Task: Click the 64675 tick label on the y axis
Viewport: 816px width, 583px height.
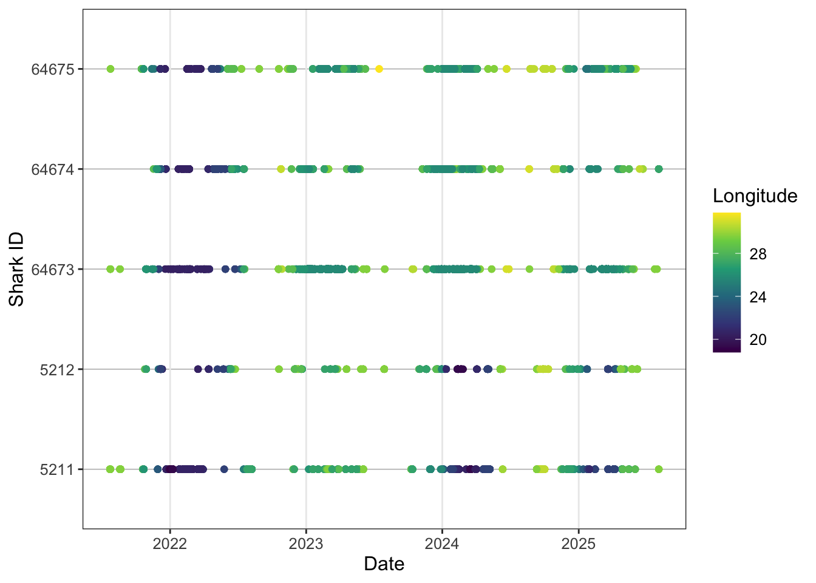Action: click(52, 69)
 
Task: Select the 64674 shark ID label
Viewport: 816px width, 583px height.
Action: click(52, 169)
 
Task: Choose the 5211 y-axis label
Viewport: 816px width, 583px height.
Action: click(56, 470)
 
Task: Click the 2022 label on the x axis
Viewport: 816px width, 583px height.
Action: click(170, 544)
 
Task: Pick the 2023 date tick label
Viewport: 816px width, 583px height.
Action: click(306, 544)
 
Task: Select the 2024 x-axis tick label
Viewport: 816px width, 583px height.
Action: click(442, 544)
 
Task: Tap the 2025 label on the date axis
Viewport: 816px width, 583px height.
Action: click(579, 544)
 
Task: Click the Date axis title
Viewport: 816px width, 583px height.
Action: click(384, 564)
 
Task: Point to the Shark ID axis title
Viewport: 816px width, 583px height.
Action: click(16, 269)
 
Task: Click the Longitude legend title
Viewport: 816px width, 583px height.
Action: click(755, 196)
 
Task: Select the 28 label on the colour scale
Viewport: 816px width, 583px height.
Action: click(758, 254)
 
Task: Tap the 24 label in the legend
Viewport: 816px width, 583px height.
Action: click(758, 298)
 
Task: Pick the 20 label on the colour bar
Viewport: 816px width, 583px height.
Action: click(758, 339)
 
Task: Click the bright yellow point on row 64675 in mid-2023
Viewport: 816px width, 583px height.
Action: click(379, 69)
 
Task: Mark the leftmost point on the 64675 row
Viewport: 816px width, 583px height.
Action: click(110, 69)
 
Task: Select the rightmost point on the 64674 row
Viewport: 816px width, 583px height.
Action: click(659, 169)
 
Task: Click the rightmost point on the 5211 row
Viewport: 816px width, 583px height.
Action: click(659, 469)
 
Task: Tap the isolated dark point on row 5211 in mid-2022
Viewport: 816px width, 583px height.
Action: click(224, 469)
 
